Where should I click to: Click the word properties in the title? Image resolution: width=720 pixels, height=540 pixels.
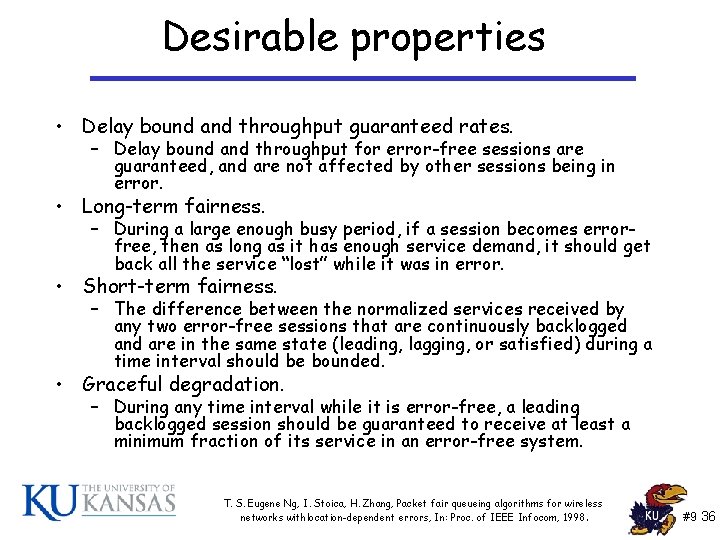point(448,39)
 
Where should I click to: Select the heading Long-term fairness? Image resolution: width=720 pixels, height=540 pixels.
point(173,207)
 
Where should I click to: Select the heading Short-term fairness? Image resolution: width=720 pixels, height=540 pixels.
point(179,286)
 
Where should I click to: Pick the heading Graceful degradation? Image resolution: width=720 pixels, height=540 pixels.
point(183,384)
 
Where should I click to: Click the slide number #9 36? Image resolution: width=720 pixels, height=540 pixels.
point(697,517)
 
